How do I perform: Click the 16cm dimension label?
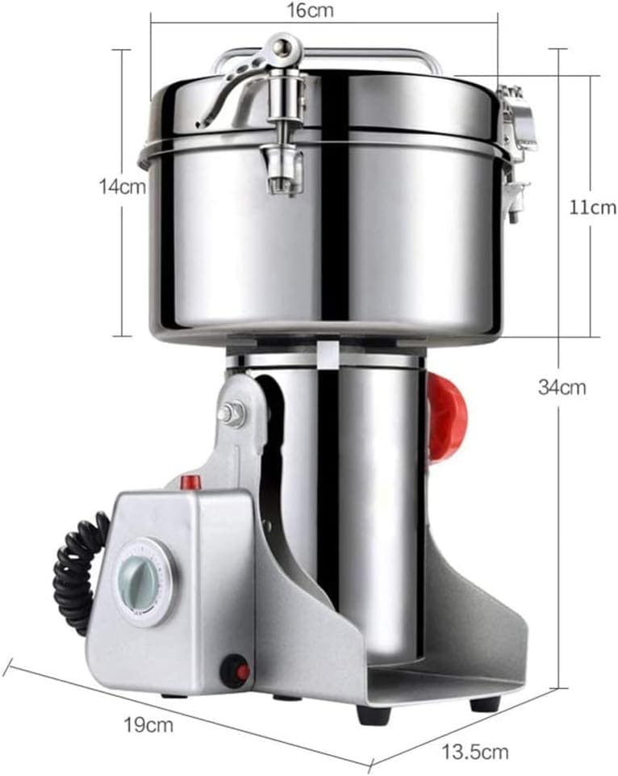click(x=311, y=11)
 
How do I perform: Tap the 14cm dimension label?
click(x=122, y=187)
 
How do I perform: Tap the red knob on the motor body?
click(x=447, y=417)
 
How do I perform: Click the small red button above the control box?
click(x=190, y=483)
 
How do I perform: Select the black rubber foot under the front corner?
click(x=373, y=714)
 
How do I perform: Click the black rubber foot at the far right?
click(x=485, y=703)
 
